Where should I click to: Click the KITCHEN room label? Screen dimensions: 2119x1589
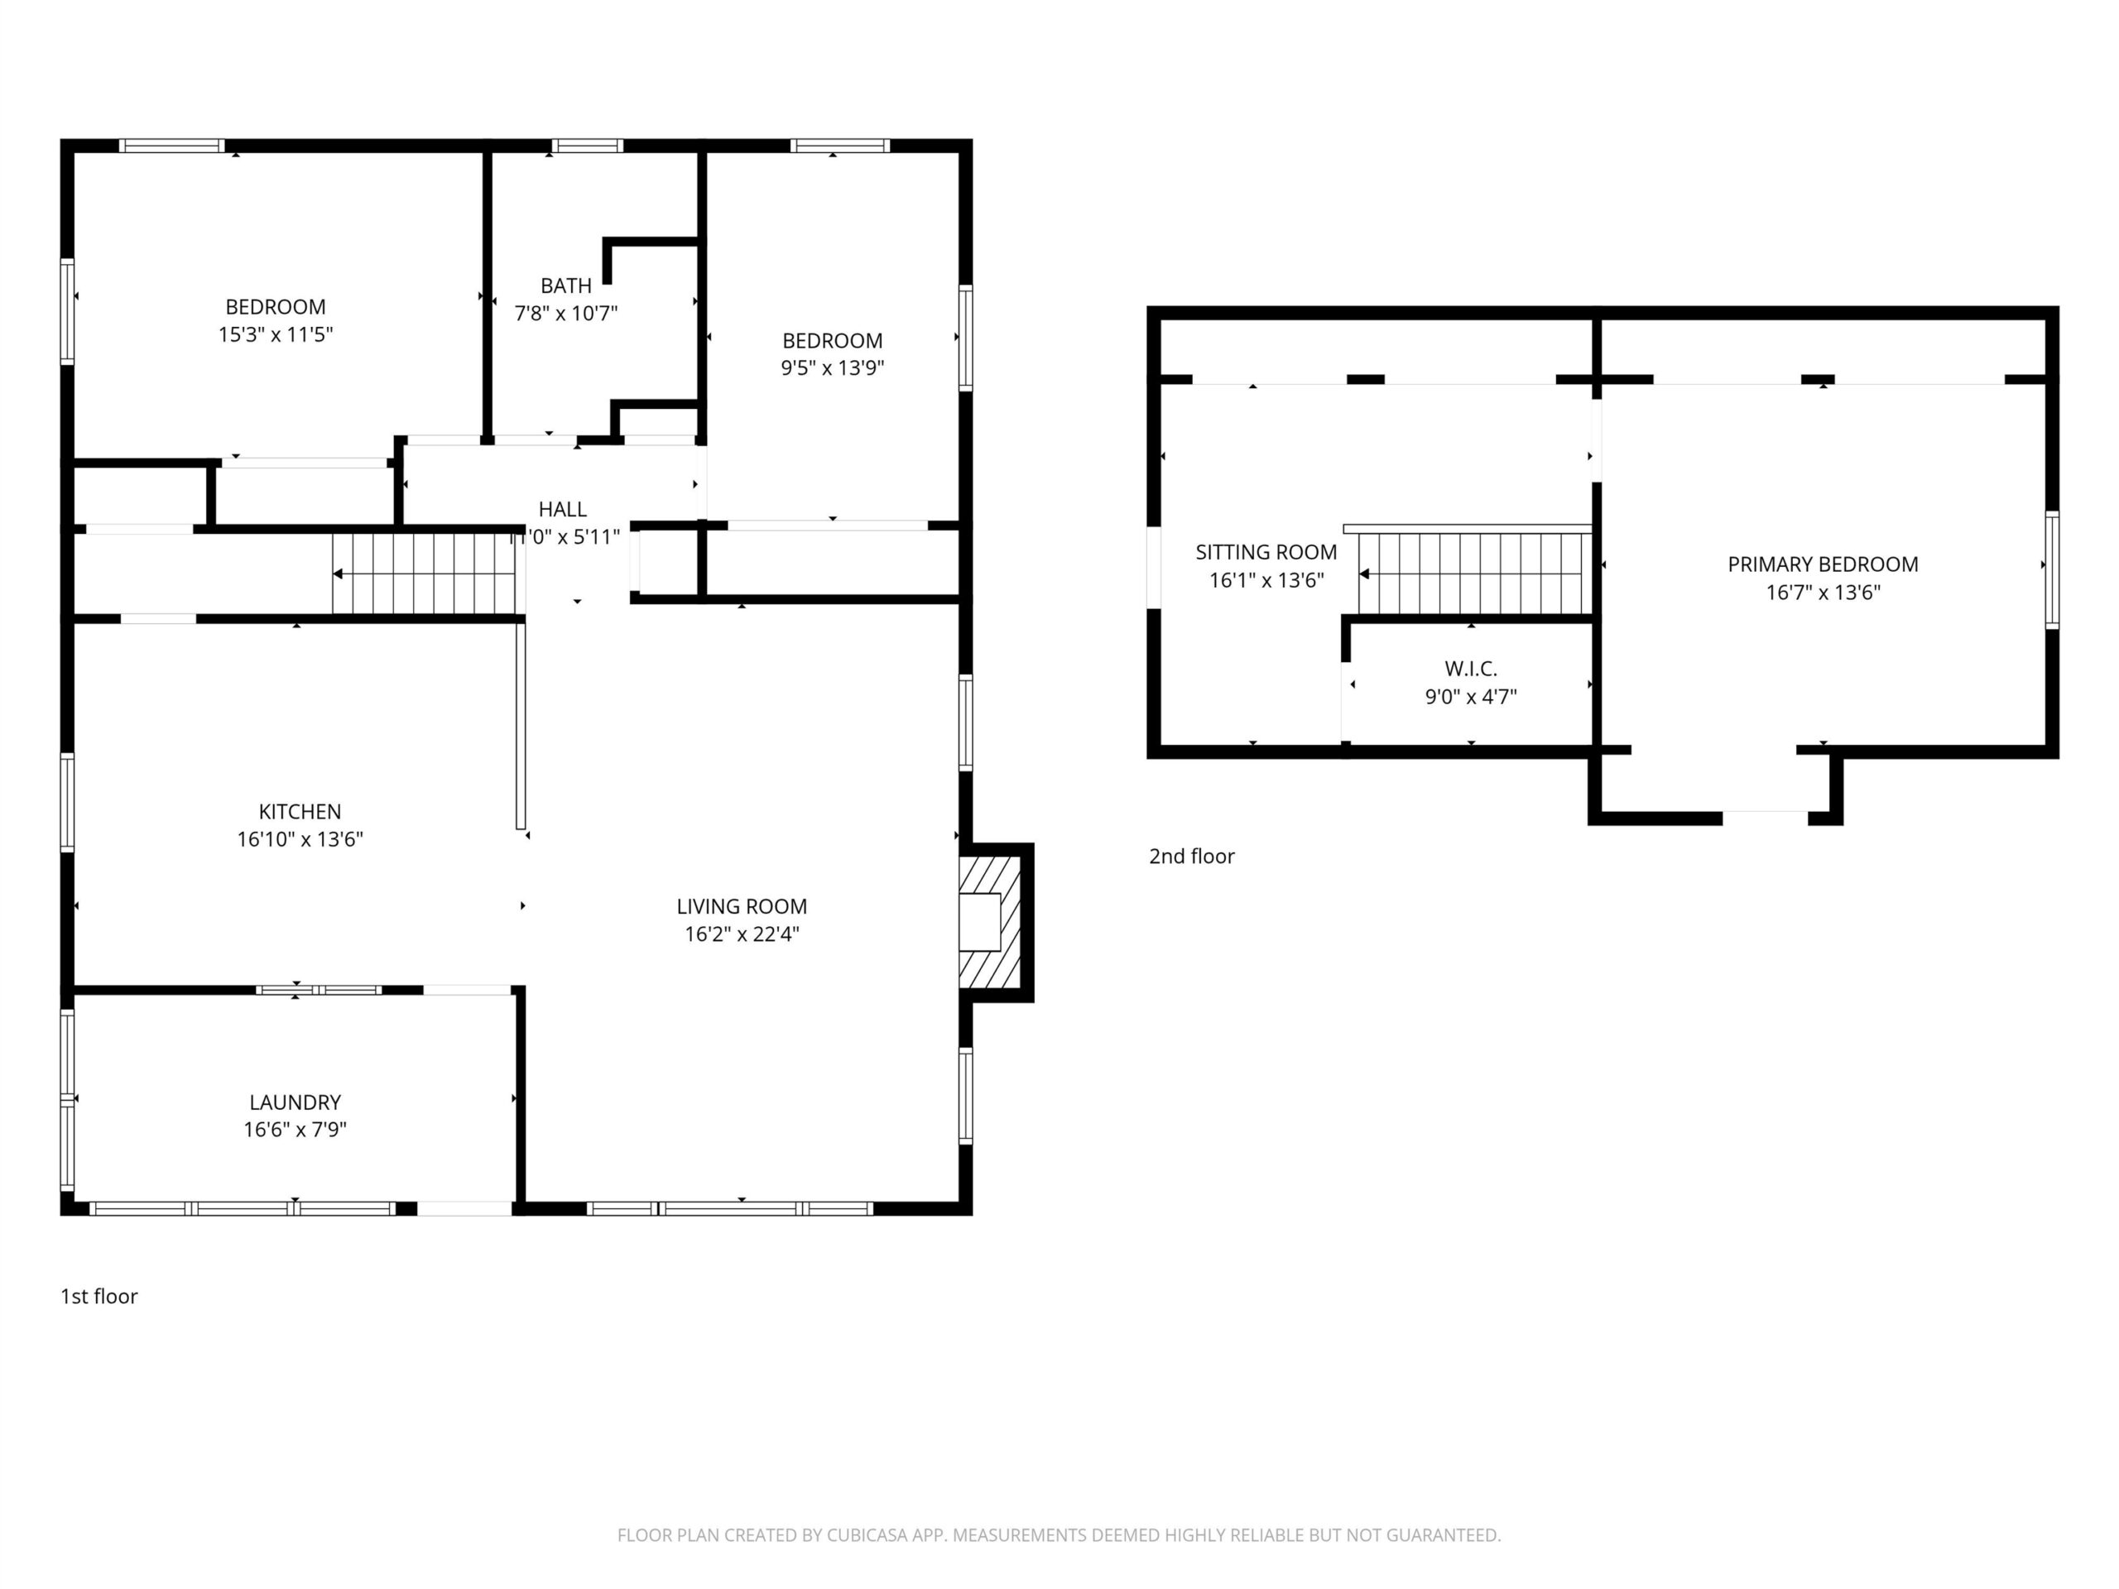(x=300, y=811)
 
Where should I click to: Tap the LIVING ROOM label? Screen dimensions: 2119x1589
(x=742, y=906)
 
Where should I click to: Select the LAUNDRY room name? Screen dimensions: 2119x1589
(x=295, y=1102)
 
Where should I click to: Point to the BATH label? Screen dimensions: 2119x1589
(x=566, y=286)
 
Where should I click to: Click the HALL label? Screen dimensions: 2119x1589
(x=562, y=510)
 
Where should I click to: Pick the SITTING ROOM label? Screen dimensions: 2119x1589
(x=1266, y=552)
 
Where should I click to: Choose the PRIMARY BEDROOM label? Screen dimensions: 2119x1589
(x=1823, y=564)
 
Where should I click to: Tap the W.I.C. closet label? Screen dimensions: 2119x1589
(x=1470, y=669)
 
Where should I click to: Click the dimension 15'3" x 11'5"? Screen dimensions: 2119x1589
(x=276, y=334)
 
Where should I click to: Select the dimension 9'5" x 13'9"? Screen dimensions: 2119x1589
(x=833, y=367)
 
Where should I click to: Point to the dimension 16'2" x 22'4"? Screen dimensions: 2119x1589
(x=742, y=934)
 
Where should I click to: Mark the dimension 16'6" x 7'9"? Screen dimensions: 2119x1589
(x=295, y=1129)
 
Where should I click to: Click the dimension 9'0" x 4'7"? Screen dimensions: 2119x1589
(x=1470, y=696)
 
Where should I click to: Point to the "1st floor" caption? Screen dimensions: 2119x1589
(x=99, y=1296)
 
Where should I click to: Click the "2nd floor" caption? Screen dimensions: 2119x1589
(x=1192, y=857)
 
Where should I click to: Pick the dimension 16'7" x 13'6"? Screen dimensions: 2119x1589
(x=1823, y=592)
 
